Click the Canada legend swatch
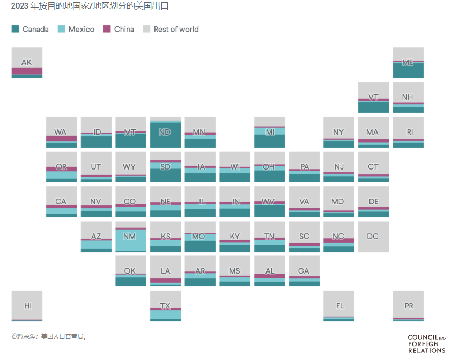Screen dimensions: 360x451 (x=15, y=29)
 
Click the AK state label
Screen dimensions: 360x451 (x=26, y=62)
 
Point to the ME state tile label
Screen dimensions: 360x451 (x=408, y=62)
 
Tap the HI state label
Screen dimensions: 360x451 (x=27, y=306)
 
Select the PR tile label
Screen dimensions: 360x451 (x=409, y=306)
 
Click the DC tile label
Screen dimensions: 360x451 (x=373, y=236)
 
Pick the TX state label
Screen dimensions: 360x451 (x=165, y=306)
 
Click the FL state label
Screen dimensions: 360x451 (x=339, y=306)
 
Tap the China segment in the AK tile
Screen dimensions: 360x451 (x=27, y=71)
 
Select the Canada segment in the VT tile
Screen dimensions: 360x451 (x=373, y=107)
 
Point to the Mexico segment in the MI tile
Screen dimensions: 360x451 (x=269, y=131)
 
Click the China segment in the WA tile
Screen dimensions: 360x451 (x=61, y=138)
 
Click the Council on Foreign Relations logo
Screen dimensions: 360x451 (x=426, y=343)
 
